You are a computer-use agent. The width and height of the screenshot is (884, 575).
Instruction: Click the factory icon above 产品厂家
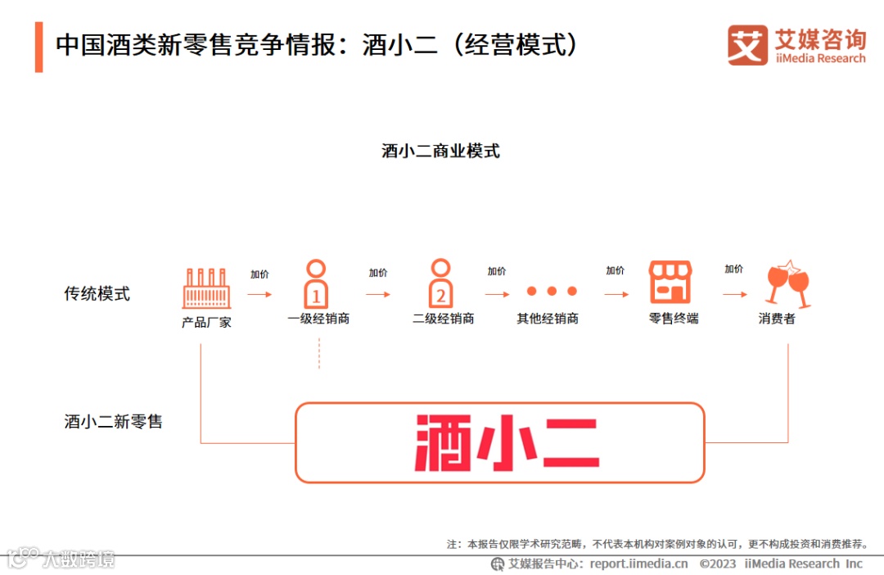pos(206,287)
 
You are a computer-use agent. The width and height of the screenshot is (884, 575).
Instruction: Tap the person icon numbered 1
pos(316,283)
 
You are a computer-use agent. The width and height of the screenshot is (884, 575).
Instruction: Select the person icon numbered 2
pos(441,283)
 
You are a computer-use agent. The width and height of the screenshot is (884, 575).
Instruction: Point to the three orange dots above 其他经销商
pos(552,291)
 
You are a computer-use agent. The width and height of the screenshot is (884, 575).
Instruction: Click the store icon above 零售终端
pos(670,283)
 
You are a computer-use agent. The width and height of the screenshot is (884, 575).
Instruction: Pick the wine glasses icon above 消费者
pos(787,283)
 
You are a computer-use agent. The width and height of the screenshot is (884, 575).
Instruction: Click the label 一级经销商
pos(318,319)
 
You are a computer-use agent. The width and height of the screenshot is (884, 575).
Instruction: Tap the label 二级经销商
pos(444,319)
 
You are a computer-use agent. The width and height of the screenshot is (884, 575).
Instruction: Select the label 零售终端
pos(673,319)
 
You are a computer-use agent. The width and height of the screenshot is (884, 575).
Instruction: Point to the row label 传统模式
pos(97,293)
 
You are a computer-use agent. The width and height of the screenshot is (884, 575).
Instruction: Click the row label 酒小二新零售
pos(114,422)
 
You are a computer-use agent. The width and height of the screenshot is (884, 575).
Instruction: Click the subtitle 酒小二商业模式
pos(440,151)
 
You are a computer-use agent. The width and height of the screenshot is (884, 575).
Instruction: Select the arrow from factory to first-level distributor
pos(259,293)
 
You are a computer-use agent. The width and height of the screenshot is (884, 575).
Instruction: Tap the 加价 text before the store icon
pos(615,271)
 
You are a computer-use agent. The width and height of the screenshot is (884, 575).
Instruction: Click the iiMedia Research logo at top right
pos(796,45)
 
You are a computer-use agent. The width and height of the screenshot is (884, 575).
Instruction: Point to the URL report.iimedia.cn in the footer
pos(638,564)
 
